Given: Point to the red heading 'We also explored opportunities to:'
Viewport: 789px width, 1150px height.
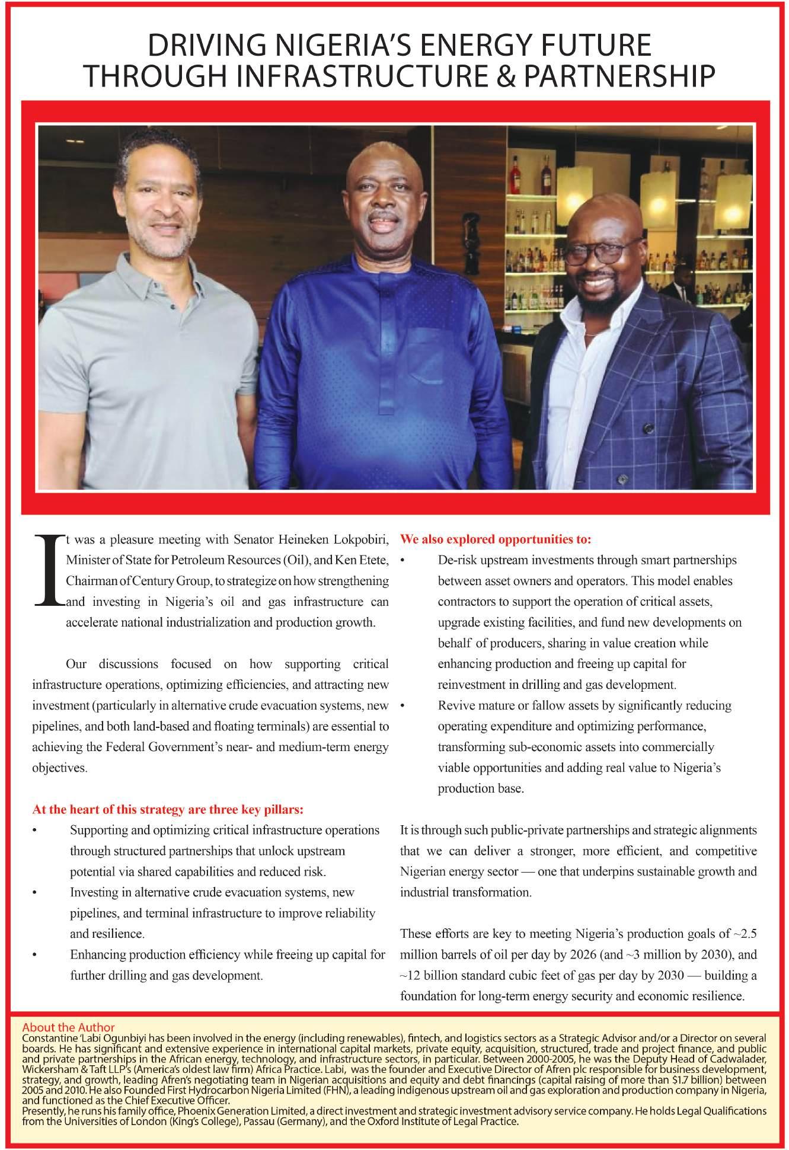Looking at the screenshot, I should (496, 539).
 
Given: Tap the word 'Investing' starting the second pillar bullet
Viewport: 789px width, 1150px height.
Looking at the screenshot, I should (92, 893).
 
